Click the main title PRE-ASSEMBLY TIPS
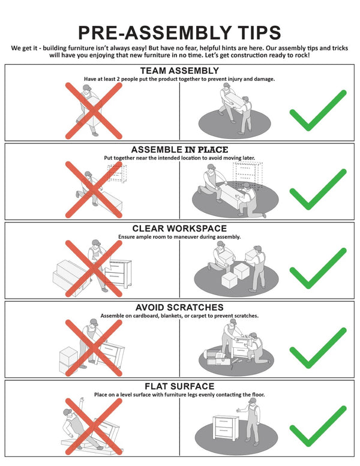179,32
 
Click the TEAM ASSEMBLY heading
179,71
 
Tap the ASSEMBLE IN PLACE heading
179,149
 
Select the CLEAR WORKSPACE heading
179,229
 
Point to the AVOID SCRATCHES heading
179,307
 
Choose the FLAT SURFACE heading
179,386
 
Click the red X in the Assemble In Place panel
94,190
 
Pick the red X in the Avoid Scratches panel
94,348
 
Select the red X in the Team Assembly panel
94,111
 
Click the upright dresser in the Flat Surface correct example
226,428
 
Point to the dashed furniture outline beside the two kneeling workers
248,175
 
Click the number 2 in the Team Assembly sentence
118,79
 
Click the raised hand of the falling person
82,400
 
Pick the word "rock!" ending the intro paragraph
302,55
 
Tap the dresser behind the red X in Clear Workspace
119,273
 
